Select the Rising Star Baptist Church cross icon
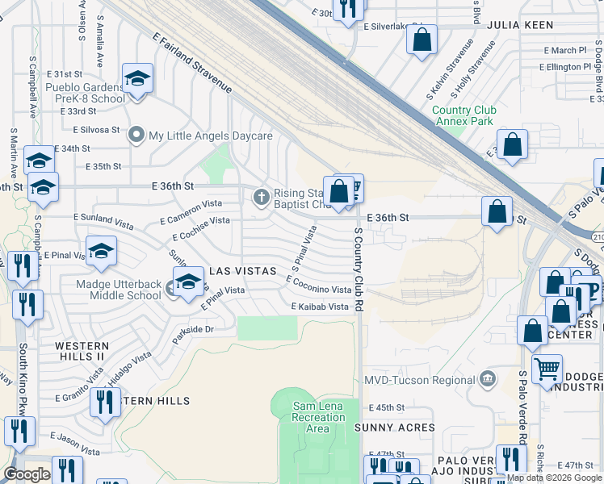[x=261, y=196]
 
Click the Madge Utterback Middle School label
[x=119, y=290]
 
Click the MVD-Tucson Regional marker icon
[x=487, y=378]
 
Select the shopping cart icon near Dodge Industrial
[x=547, y=369]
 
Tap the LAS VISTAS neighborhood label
[x=243, y=271]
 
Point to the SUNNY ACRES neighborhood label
[x=401, y=428]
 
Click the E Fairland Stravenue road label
[x=192, y=63]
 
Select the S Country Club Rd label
[x=360, y=270]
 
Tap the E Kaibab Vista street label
[x=320, y=307]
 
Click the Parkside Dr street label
[x=192, y=330]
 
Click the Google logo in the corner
[x=27, y=474]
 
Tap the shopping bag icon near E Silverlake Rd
[x=422, y=40]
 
